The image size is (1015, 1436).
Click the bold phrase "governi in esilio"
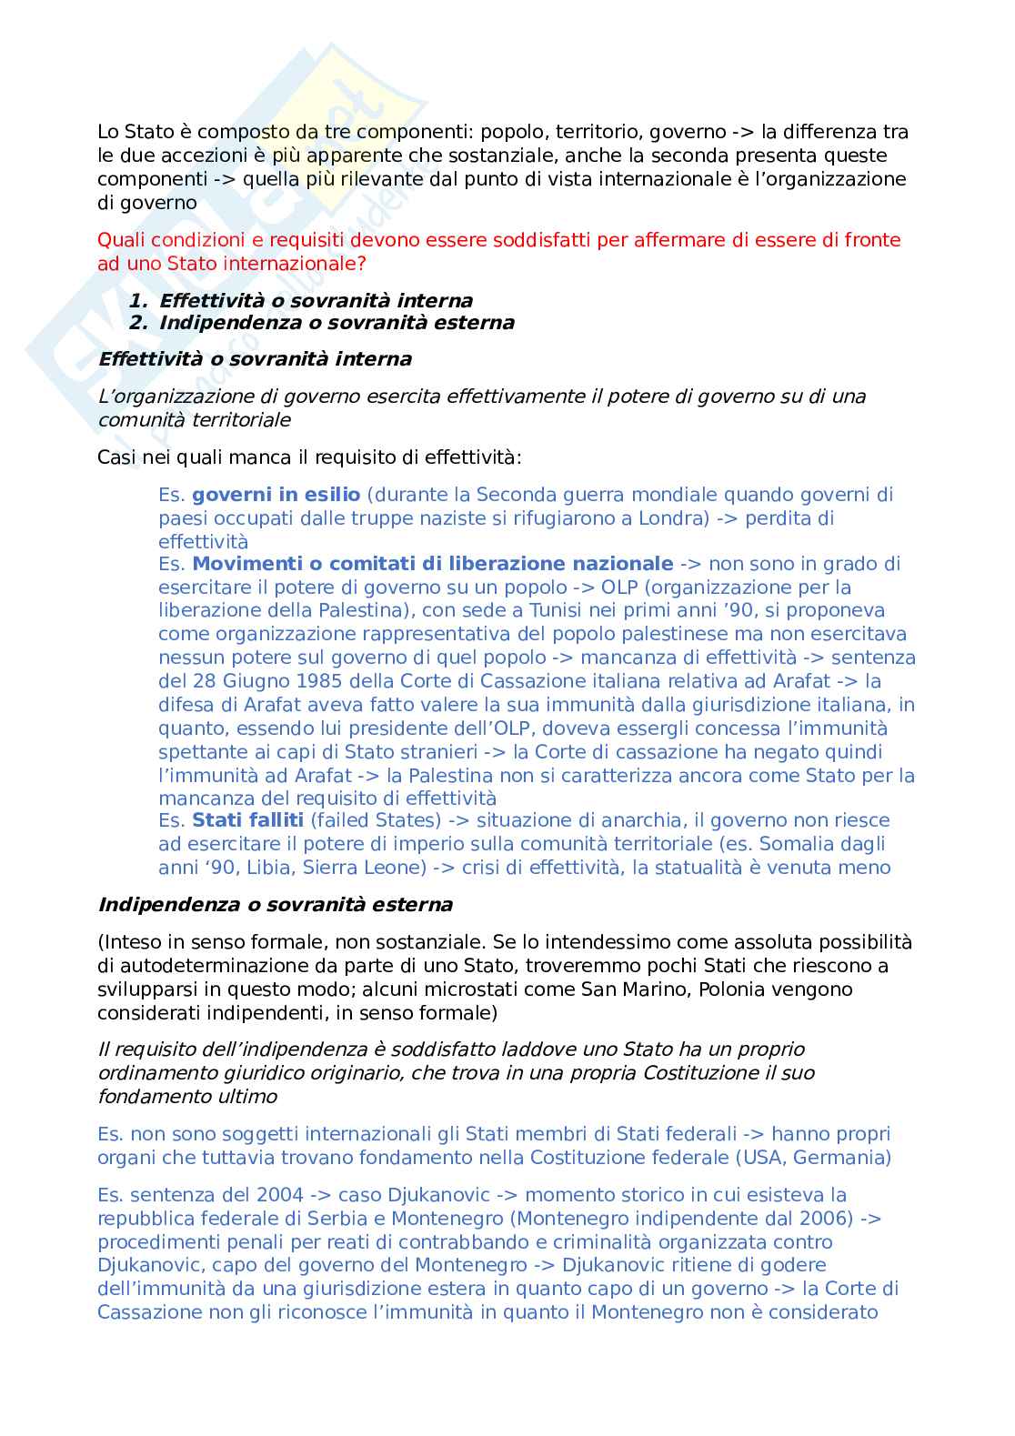pyautogui.click(x=276, y=495)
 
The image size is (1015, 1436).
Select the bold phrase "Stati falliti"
pyautogui.click(x=247, y=820)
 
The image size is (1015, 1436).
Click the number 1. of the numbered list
pyautogui.click(x=137, y=301)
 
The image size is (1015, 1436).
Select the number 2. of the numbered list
pyautogui.click(x=137, y=323)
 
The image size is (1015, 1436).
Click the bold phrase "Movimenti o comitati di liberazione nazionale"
pyautogui.click(x=433, y=564)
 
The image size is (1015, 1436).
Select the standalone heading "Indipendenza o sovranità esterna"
pyautogui.click(x=275, y=905)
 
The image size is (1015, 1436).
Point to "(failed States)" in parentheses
pyautogui.click(x=376, y=820)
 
